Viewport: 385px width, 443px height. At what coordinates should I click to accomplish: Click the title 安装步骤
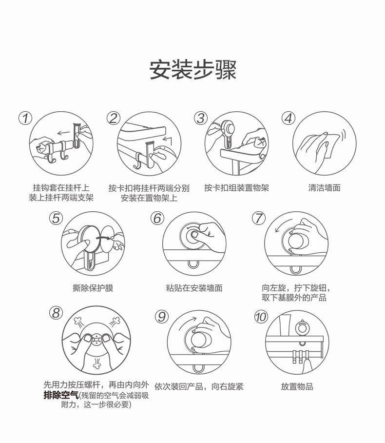(x=193, y=70)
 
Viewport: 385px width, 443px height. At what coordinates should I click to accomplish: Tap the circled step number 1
(x=25, y=118)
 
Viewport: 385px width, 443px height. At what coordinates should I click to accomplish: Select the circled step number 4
(x=289, y=118)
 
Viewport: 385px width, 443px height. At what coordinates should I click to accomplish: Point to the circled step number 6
(x=157, y=219)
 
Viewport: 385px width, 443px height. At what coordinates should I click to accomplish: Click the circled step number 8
(x=56, y=313)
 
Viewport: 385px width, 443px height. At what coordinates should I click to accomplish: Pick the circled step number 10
(x=261, y=317)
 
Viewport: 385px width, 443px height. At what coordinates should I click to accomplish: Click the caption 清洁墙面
(x=324, y=188)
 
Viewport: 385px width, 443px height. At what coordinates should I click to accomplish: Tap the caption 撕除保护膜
(x=93, y=288)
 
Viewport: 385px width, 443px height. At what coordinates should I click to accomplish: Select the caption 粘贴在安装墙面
(x=194, y=288)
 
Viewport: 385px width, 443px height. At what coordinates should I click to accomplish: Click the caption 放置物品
(x=297, y=386)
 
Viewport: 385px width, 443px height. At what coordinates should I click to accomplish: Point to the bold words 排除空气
(x=61, y=395)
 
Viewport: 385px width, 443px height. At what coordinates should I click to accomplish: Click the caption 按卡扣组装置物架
(x=236, y=188)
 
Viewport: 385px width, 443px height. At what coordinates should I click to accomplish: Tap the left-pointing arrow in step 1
(x=63, y=133)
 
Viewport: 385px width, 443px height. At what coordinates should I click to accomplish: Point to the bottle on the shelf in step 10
(x=285, y=325)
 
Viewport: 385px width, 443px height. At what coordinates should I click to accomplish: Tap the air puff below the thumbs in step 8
(x=97, y=363)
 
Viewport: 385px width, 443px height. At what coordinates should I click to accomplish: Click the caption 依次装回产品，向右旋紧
(x=199, y=386)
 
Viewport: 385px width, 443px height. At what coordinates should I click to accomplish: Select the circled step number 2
(x=114, y=118)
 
